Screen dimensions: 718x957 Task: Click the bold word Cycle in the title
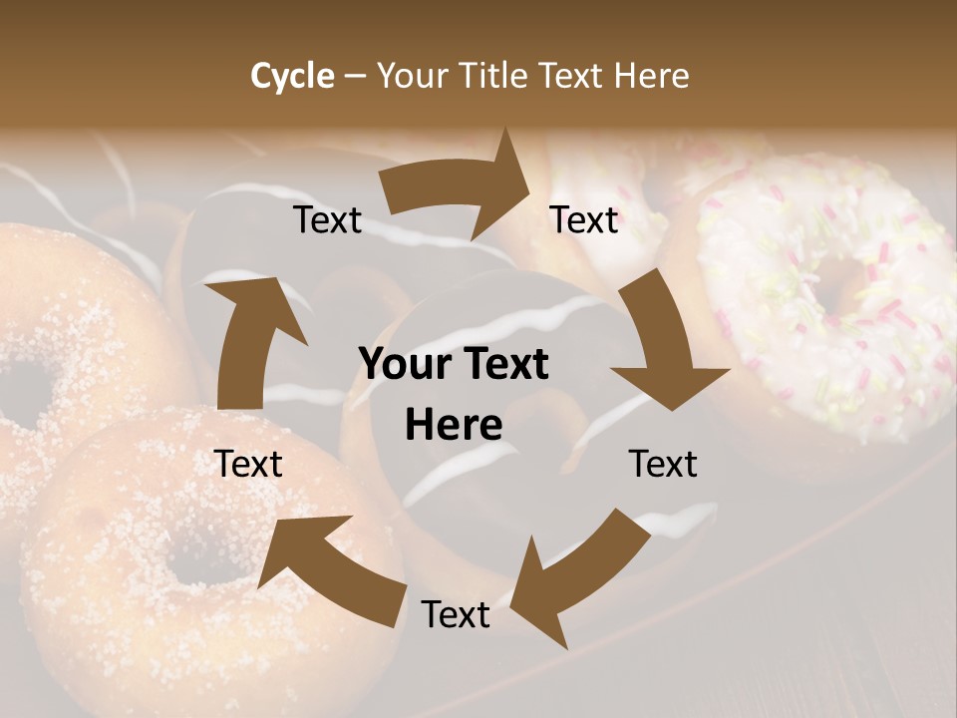292,76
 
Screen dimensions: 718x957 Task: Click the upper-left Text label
327,220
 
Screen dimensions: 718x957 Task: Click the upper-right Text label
584,219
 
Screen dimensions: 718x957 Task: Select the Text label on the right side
663,464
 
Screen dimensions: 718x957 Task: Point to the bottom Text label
456,614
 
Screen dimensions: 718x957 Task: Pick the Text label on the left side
248,464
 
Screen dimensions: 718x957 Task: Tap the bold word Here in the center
454,426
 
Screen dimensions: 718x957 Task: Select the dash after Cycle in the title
356,76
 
